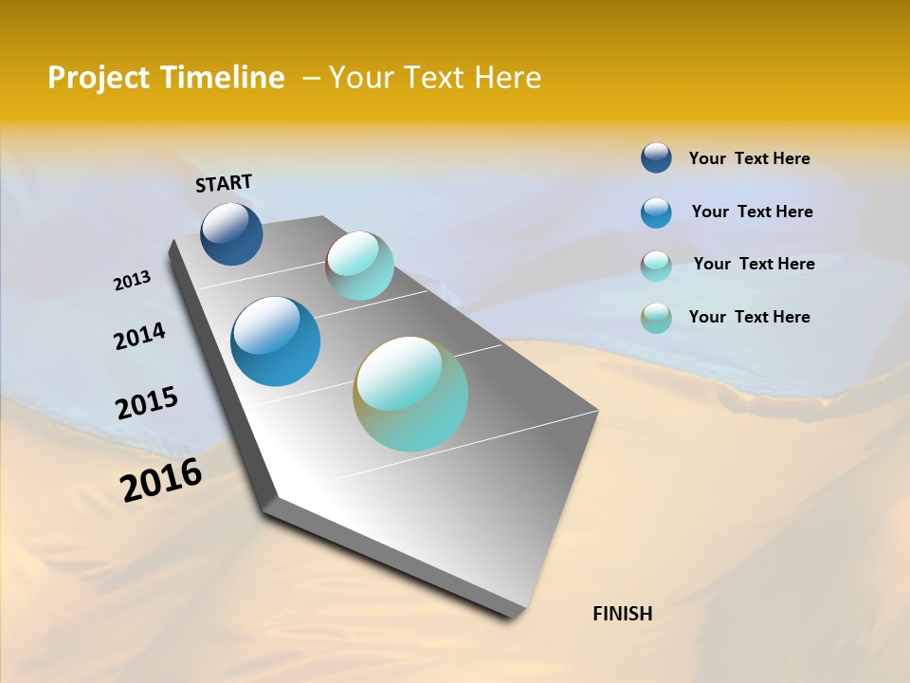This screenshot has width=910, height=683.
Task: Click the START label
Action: pyautogui.click(x=224, y=183)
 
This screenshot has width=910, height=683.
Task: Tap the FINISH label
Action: pyautogui.click(x=622, y=614)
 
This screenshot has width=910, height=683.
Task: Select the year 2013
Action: pyautogui.click(x=132, y=281)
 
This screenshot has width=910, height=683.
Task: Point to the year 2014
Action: pyautogui.click(x=139, y=337)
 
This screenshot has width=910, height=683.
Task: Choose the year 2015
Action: pyautogui.click(x=146, y=403)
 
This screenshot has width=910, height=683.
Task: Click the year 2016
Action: pyautogui.click(x=161, y=480)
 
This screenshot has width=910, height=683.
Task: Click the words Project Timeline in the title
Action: pyautogui.click(x=166, y=78)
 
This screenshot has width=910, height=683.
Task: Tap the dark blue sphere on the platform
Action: pyautogui.click(x=231, y=233)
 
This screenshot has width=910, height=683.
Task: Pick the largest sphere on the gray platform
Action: pyautogui.click(x=410, y=394)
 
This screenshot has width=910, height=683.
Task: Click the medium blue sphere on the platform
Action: pyautogui.click(x=275, y=341)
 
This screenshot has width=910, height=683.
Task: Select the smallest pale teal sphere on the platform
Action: pyautogui.click(x=359, y=266)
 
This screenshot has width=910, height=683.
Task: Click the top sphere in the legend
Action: pyautogui.click(x=656, y=158)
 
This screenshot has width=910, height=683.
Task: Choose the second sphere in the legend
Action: pyautogui.click(x=656, y=212)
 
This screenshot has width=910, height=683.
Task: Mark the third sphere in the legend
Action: pyautogui.click(x=656, y=266)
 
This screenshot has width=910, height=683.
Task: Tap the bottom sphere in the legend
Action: pyautogui.click(x=656, y=318)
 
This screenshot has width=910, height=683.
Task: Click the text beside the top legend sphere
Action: pyautogui.click(x=749, y=158)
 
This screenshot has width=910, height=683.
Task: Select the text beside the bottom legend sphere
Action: pyautogui.click(x=749, y=317)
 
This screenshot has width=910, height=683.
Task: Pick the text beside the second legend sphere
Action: pyautogui.click(x=752, y=212)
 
